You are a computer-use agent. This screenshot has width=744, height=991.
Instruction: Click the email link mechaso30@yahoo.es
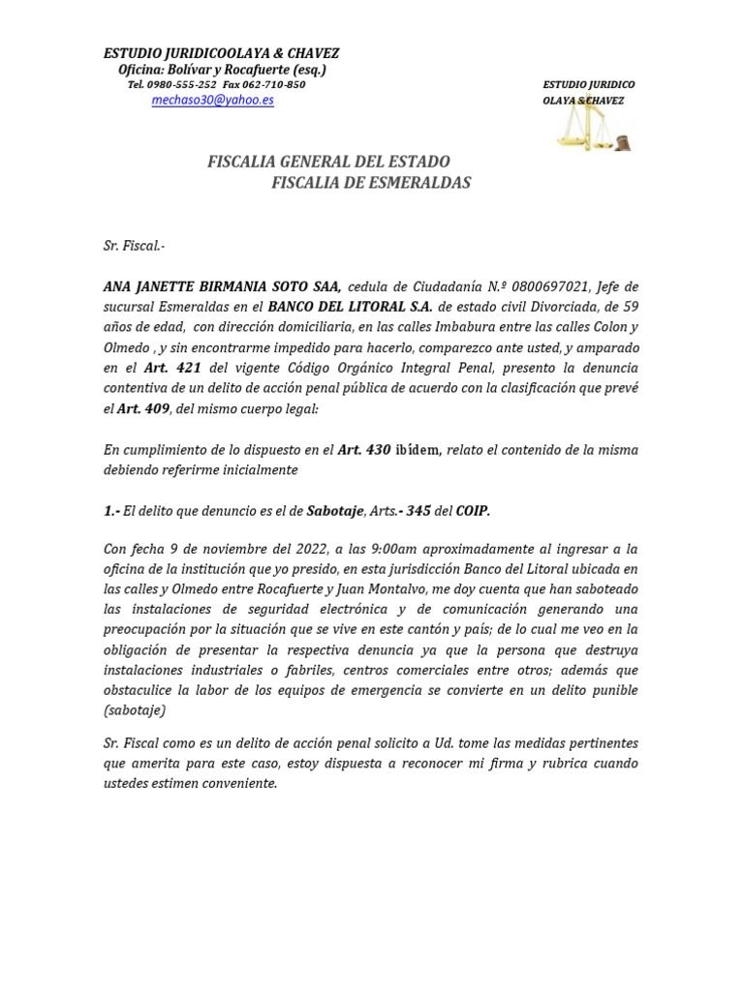(x=212, y=100)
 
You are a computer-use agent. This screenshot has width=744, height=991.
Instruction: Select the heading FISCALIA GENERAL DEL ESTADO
(x=328, y=162)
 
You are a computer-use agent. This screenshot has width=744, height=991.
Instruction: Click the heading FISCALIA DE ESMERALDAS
(x=371, y=182)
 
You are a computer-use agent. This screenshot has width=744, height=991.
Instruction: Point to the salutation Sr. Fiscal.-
(x=134, y=246)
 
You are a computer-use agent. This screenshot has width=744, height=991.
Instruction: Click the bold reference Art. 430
(x=362, y=449)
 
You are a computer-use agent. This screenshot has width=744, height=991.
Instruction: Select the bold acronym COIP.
(x=473, y=510)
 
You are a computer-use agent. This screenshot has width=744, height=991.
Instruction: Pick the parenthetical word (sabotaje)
(x=135, y=710)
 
